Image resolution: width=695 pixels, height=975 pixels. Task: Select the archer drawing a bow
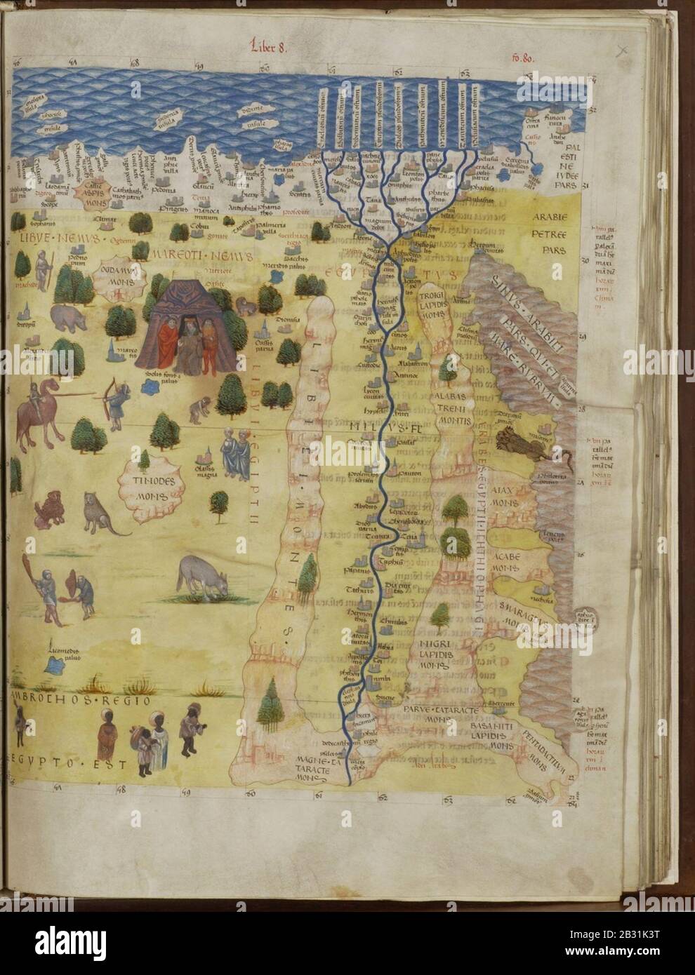[x=115, y=402]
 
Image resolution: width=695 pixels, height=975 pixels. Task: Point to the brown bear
[x=67, y=317]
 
